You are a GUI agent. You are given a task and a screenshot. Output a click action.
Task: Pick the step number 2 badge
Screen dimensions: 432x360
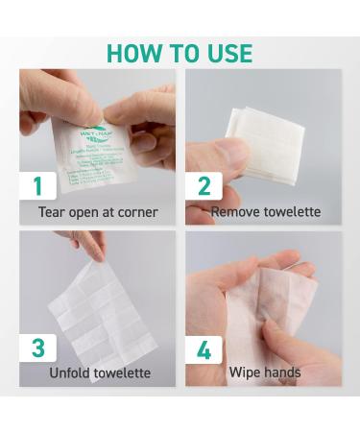pyautogui.click(x=204, y=186)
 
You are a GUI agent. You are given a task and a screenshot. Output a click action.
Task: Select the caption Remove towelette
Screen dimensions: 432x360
pyautogui.click(x=265, y=211)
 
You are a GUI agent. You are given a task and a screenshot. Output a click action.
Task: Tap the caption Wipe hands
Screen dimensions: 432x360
pyautogui.click(x=265, y=372)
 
